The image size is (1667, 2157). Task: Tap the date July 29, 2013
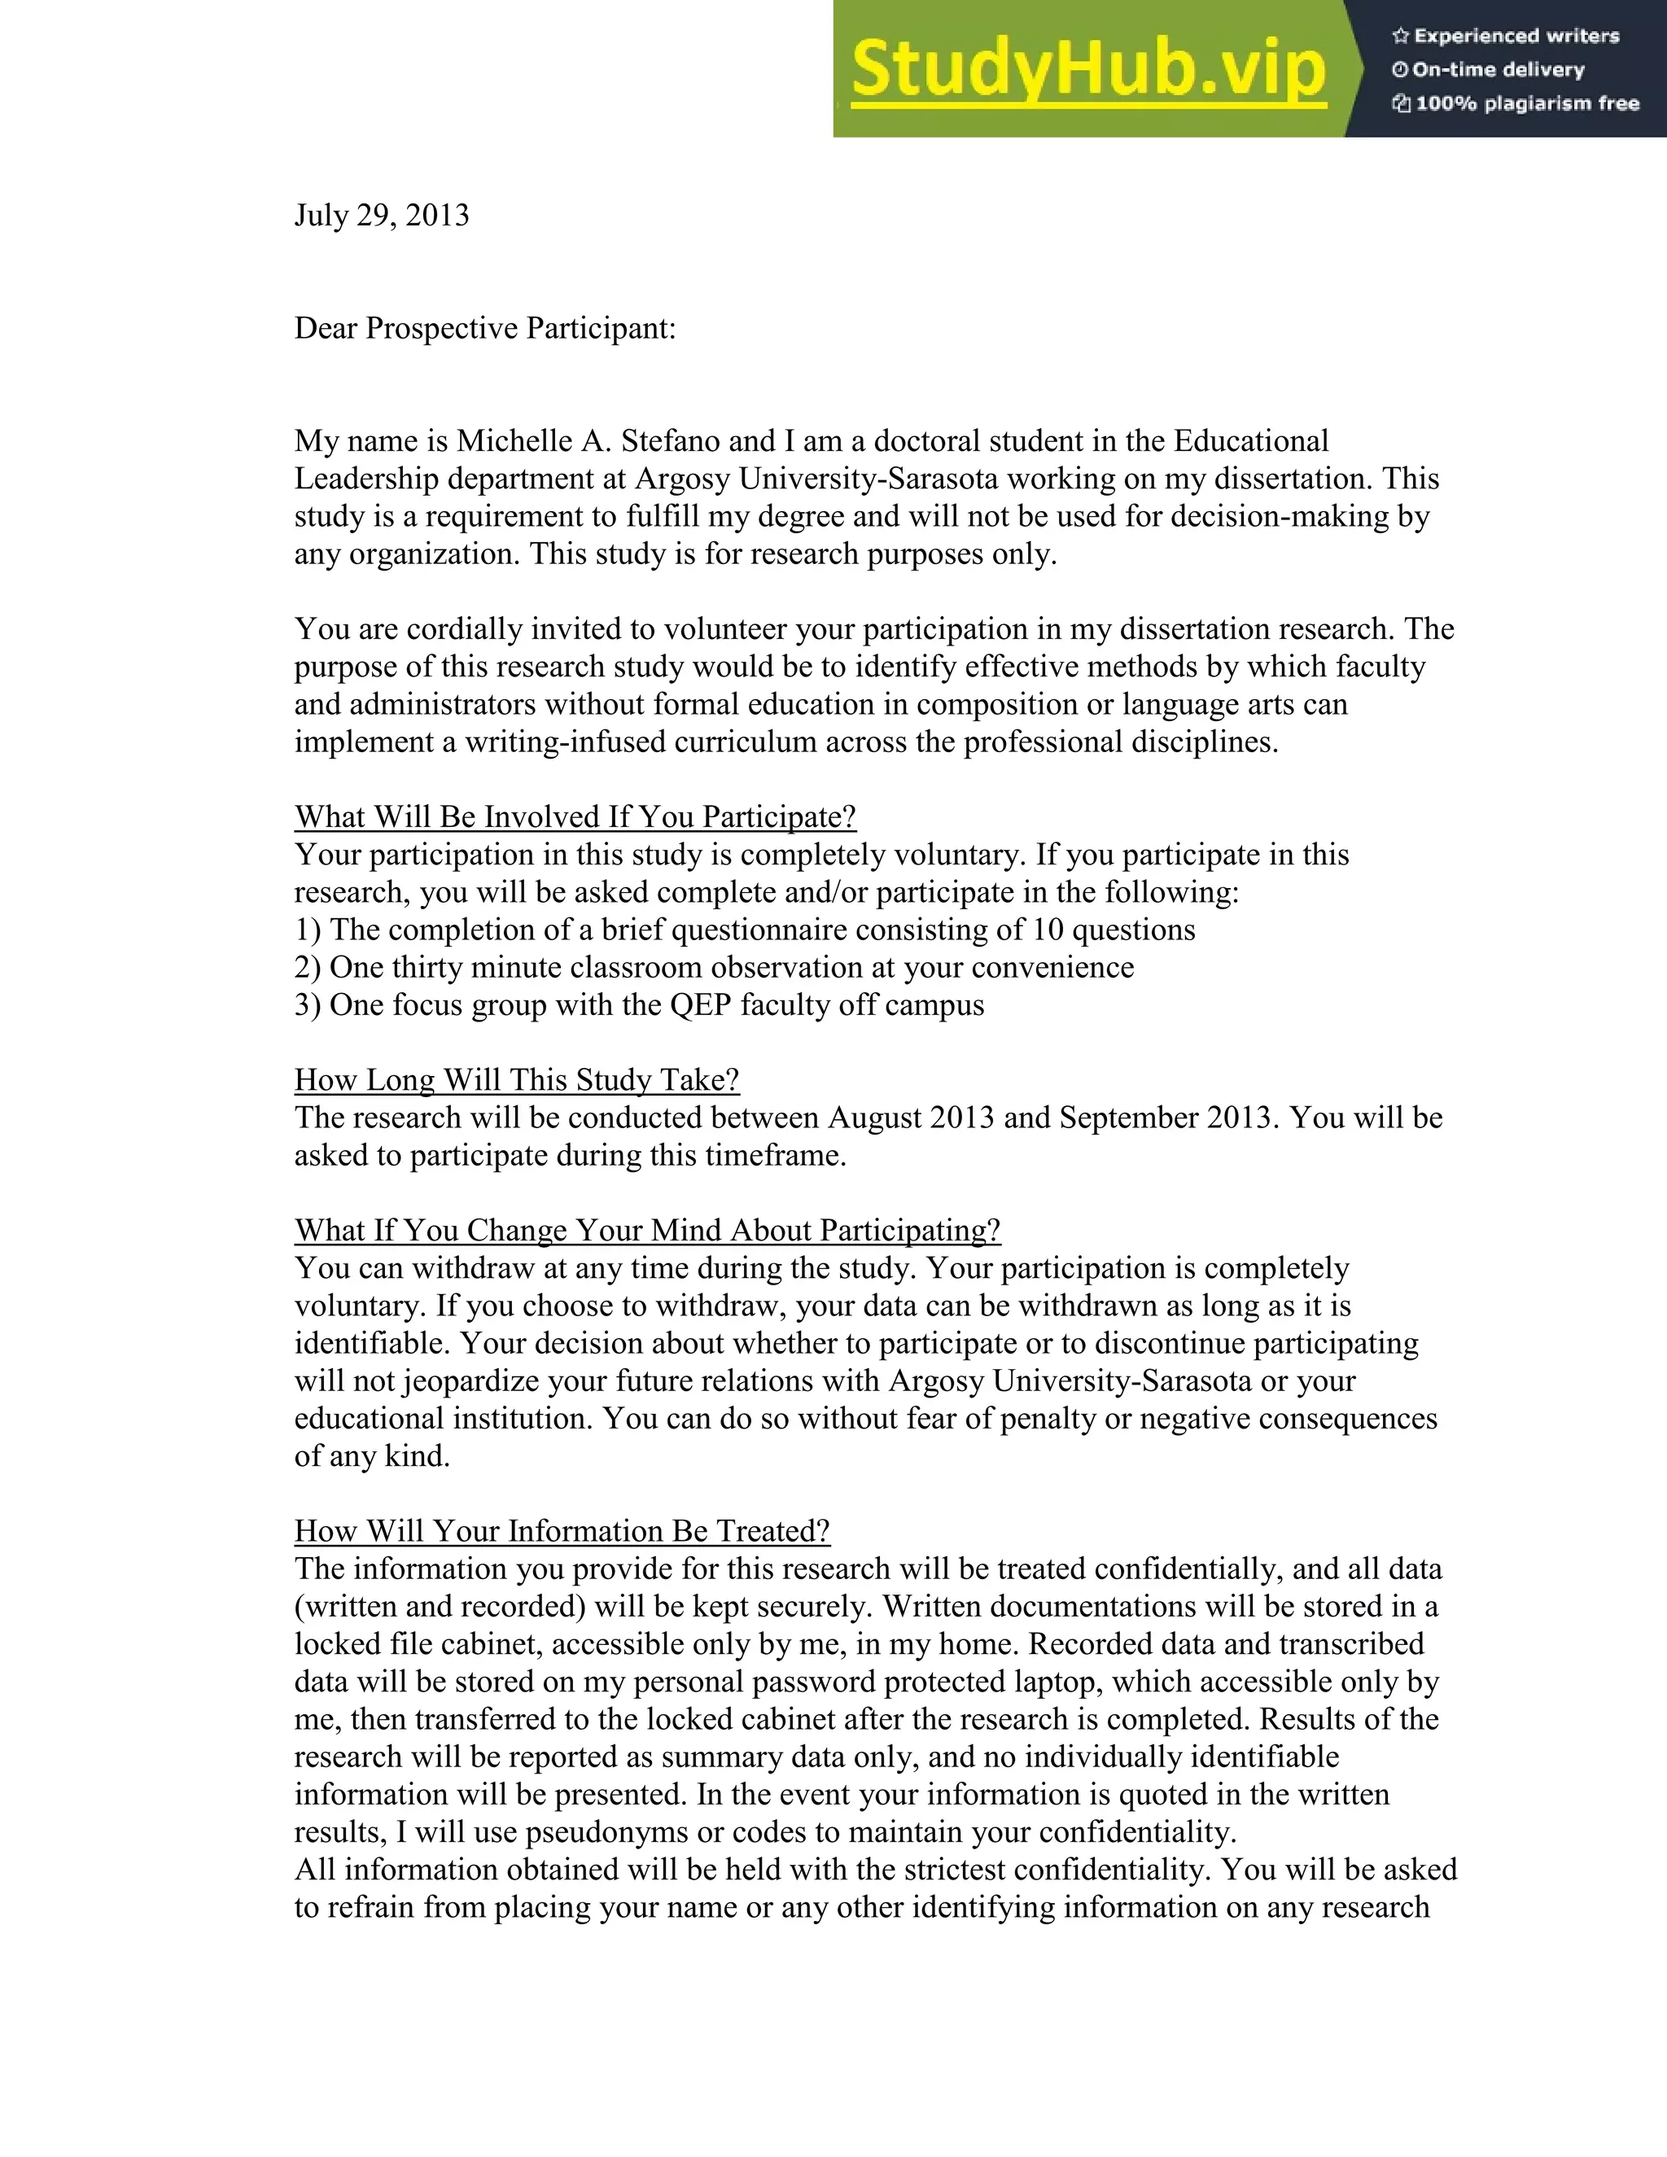(381, 216)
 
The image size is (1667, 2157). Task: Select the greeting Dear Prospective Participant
(485, 328)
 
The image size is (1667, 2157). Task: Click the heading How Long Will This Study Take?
(517, 1079)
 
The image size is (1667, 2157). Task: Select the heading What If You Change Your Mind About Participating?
(647, 1231)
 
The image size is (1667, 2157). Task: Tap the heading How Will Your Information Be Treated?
(562, 1531)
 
